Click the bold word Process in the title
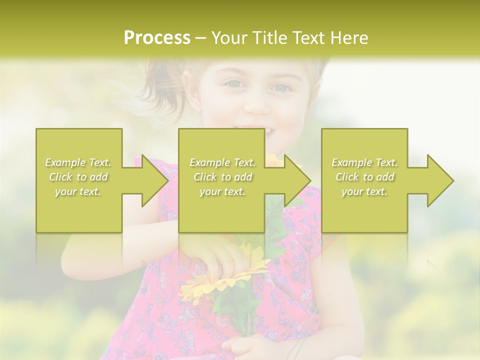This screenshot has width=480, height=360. [x=157, y=38]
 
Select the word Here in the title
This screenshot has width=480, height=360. [x=349, y=38]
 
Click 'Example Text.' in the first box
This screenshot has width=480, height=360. [x=78, y=162]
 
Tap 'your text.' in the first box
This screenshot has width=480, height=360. [x=78, y=191]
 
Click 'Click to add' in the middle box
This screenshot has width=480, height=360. [x=222, y=177]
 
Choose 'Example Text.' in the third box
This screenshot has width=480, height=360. [x=364, y=162]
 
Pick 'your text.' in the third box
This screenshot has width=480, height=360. [x=364, y=191]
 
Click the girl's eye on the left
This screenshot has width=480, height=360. [x=234, y=84]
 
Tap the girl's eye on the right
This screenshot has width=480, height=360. [x=281, y=87]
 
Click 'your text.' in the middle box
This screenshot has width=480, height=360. [x=222, y=191]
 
